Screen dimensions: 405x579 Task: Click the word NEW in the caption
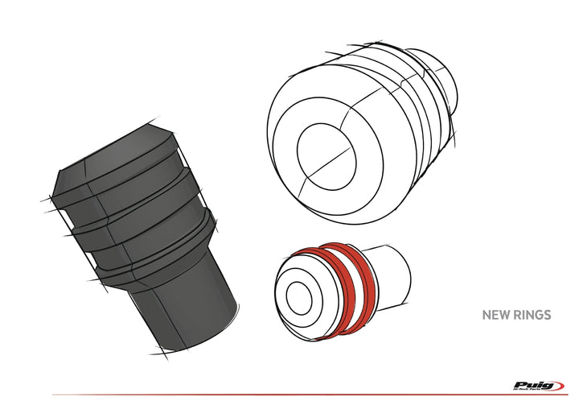tap(495, 315)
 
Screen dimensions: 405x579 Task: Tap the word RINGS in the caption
tap(532, 315)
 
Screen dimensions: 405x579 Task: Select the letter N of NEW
tap(486, 315)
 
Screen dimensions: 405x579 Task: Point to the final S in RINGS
tap(548, 315)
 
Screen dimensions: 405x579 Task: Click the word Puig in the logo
tap(529, 385)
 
